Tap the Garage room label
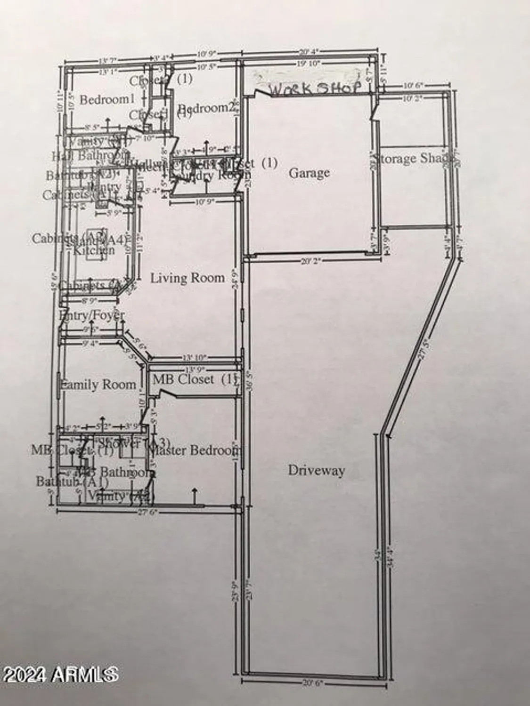pyautogui.click(x=309, y=173)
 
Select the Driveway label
pyautogui.click(x=316, y=470)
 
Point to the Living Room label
pyautogui.click(x=188, y=278)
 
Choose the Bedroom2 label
pyautogui.click(x=206, y=108)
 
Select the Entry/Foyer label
pyautogui.click(x=92, y=315)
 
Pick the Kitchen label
pyautogui.click(x=93, y=250)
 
